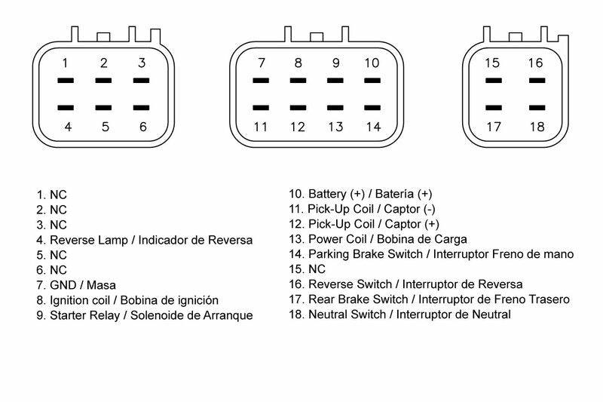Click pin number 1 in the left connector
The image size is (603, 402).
[x=66, y=63]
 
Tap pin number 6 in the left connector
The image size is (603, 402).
[x=142, y=127]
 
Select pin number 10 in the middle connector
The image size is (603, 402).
[x=372, y=63]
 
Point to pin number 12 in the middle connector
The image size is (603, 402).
[x=298, y=127]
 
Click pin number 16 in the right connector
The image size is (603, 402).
[x=534, y=63]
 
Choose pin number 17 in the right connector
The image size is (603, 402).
[x=493, y=127]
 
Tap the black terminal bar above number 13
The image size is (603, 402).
[x=335, y=108]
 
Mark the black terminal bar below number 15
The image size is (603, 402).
[x=493, y=80]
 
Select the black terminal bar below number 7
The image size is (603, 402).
[x=261, y=80]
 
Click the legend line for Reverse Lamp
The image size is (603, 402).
[x=144, y=240]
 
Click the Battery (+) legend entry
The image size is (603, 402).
[x=360, y=194]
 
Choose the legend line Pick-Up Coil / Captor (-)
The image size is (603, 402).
[x=362, y=209]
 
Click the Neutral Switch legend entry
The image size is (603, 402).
[x=399, y=314]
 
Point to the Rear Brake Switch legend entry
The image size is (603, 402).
[x=429, y=299]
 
